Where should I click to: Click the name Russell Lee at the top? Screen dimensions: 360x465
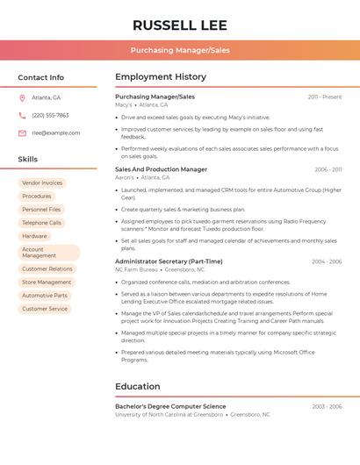tap(180, 25)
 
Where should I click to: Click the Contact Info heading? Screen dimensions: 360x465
tap(40, 77)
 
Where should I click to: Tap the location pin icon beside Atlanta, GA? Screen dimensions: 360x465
tap(22, 97)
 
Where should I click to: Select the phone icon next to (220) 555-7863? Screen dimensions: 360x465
tap(22, 115)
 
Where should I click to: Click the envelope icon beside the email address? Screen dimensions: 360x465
tap(22, 132)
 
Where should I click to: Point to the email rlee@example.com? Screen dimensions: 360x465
tap(55, 132)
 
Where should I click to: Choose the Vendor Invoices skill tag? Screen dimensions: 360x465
tap(42, 182)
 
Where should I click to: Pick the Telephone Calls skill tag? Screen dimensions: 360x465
tap(41, 223)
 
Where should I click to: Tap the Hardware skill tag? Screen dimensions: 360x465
tap(34, 236)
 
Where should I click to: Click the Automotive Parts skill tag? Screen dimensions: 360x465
tap(44, 296)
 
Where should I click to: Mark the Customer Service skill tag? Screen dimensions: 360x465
tap(44, 309)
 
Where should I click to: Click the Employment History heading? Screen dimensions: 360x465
tap(161, 77)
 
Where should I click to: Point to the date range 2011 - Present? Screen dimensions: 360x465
tap(324, 97)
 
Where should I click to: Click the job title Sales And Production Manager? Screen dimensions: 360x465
tap(162, 169)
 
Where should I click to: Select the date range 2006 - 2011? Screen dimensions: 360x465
tap(328, 169)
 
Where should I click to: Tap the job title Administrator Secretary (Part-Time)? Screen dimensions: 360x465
tap(169, 261)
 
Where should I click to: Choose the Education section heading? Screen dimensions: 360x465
tap(137, 386)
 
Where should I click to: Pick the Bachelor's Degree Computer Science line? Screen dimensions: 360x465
tap(170, 406)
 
